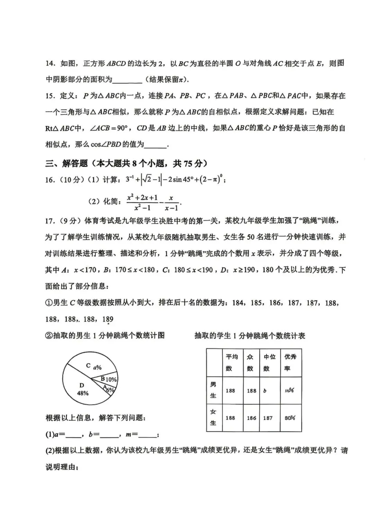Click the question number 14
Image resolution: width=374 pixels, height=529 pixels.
50,64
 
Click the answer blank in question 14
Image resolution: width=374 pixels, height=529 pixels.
127,80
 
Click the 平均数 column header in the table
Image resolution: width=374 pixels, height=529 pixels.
231,362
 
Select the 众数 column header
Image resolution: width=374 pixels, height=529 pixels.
250,362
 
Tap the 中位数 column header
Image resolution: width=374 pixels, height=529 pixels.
269,362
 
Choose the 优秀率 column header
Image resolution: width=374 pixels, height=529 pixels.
290,362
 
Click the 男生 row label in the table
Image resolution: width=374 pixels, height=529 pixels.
213,390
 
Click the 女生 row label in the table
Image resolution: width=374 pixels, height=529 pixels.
213,417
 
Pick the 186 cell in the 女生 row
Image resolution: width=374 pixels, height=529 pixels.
251,418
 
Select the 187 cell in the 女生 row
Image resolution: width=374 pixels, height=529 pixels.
268,418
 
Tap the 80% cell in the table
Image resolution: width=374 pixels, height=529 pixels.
290,418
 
